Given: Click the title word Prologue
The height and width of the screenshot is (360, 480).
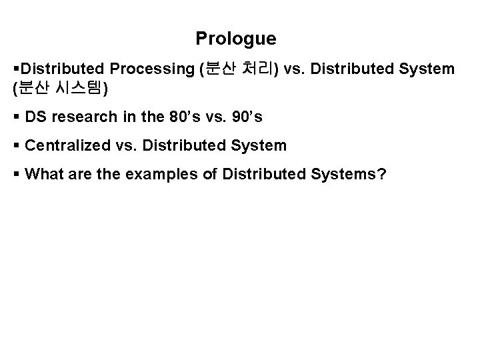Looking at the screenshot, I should point(235,39).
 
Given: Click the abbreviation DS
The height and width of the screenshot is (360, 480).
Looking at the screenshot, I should point(35,117).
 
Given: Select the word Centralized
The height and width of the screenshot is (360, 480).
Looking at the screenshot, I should point(65,145).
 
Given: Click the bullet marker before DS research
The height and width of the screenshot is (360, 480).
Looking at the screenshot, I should point(16,118).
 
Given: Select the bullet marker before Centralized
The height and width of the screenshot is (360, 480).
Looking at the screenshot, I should point(16,146).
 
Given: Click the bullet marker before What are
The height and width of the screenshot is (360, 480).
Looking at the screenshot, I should point(16,175).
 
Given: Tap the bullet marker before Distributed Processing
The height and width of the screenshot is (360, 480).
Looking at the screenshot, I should point(16,69).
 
